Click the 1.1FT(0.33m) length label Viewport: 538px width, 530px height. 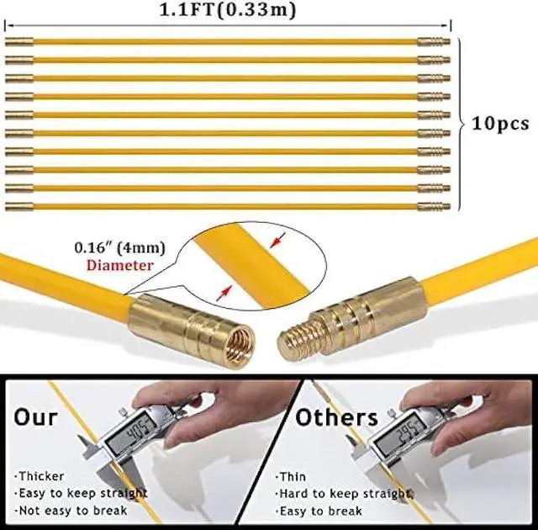[227, 10]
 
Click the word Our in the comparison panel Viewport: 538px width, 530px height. [35, 416]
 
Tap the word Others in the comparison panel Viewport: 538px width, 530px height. [336, 416]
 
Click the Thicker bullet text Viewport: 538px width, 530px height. [40, 477]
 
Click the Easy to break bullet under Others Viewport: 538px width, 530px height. [320, 511]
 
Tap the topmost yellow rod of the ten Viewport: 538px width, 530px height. [227, 41]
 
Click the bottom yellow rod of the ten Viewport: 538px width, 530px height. [227, 205]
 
